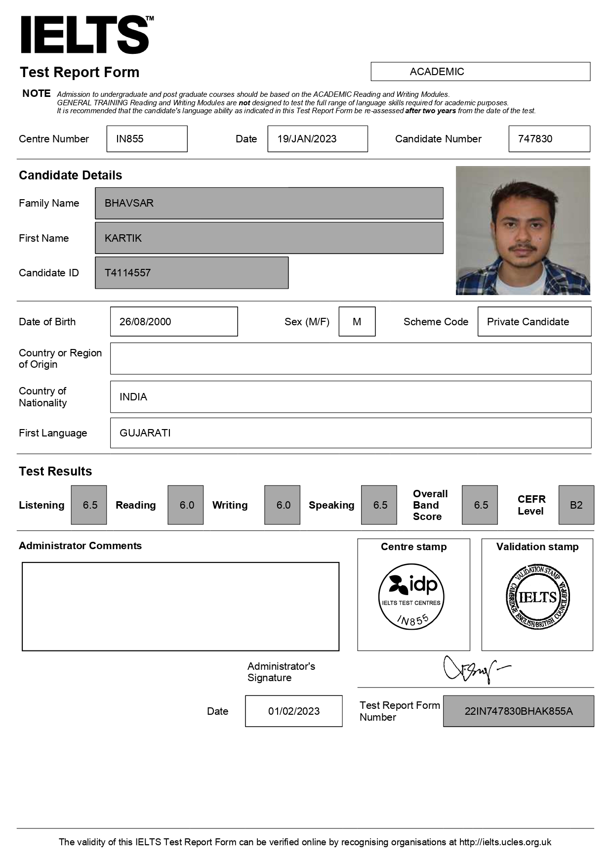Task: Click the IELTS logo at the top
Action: tap(85, 35)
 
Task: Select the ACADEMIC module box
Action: tap(480, 72)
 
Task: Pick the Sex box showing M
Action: tap(357, 322)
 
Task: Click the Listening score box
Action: tap(89, 505)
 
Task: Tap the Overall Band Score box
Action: tap(480, 505)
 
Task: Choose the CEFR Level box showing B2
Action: tap(576, 505)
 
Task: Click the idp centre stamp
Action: tap(411, 597)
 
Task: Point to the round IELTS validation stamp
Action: tap(537, 597)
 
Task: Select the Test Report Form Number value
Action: tap(518, 711)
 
